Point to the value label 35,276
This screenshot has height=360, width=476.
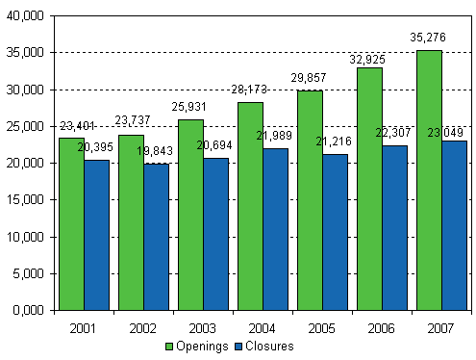[x=428, y=39]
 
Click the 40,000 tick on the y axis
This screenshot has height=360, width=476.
[x=26, y=16]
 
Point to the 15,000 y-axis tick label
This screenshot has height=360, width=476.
[x=26, y=200]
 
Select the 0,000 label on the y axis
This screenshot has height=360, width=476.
[x=29, y=310]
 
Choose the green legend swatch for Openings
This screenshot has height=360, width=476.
[x=170, y=345]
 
